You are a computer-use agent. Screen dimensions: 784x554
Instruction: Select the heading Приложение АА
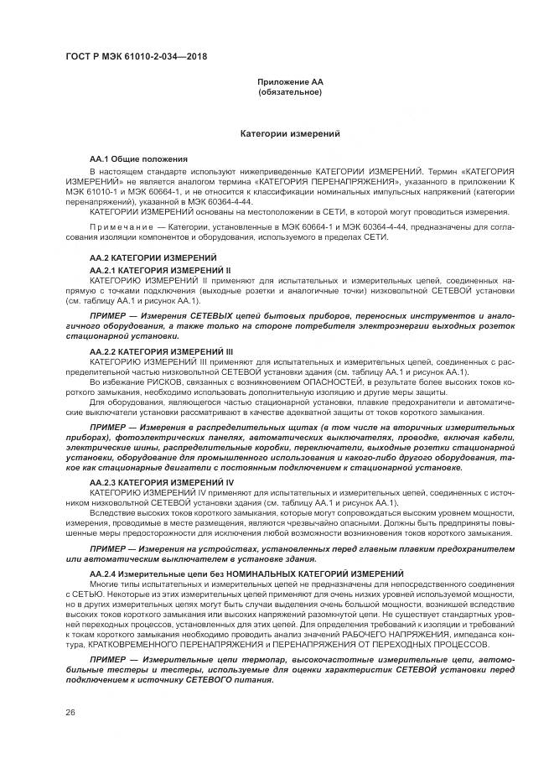tap(290, 82)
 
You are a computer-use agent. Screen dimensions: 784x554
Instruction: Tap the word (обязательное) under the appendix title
tap(290, 91)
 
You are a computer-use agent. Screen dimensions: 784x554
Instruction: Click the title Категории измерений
tap(290, 133)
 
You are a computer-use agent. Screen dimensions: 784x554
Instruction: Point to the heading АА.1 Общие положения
tap(138, 158)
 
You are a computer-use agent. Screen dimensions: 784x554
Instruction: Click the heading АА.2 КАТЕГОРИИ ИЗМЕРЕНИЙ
tap(153, 257)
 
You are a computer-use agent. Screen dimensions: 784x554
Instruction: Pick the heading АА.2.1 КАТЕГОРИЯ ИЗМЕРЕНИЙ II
tap(159, 270)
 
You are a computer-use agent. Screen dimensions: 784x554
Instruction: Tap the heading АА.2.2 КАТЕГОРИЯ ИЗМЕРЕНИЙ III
tap(161, 350)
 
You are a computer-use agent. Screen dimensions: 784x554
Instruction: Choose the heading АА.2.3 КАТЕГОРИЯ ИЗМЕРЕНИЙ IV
tap(161, 483)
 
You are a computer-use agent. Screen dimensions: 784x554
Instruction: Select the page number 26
tap(70, 713)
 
